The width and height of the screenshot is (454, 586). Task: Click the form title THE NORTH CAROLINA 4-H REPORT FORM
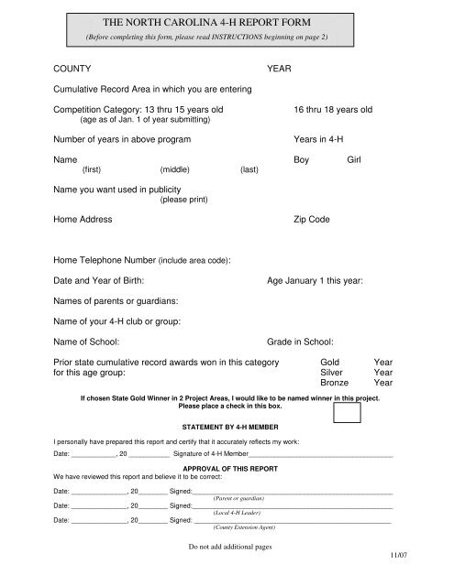227,22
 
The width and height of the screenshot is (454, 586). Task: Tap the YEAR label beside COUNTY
279,69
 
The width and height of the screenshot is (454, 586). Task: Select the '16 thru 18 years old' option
332,110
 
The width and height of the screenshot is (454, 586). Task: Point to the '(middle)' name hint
174,171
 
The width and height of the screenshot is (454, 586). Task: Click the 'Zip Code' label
315,221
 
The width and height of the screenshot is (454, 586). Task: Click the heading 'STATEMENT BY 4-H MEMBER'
227,428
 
